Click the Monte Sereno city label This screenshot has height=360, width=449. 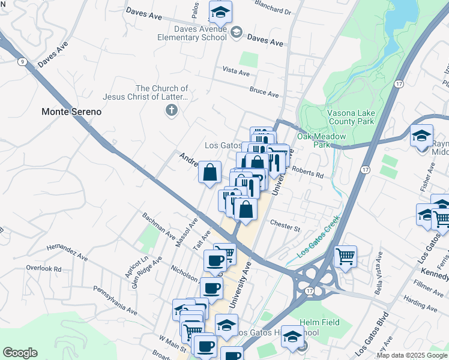click(71, 112)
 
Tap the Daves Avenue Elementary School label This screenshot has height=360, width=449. click(200, 33)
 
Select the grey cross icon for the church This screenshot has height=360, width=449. click(172, 110)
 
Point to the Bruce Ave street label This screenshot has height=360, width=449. click(265, 94)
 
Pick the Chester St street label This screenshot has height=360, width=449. click(285, 228)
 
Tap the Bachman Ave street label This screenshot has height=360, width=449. click(158, 224)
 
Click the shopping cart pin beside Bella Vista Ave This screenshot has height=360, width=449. click(345, 257)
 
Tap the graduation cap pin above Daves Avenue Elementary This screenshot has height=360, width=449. click(220, 11)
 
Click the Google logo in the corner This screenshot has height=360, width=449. click(20, 353)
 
